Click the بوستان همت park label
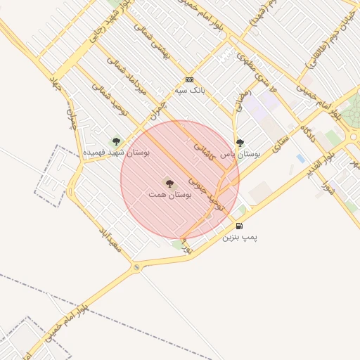167,193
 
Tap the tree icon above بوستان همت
169,182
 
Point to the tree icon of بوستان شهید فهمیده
116,141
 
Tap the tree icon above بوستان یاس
240,142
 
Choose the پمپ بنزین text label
240,237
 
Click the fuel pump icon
240,226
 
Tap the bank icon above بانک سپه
188,79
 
